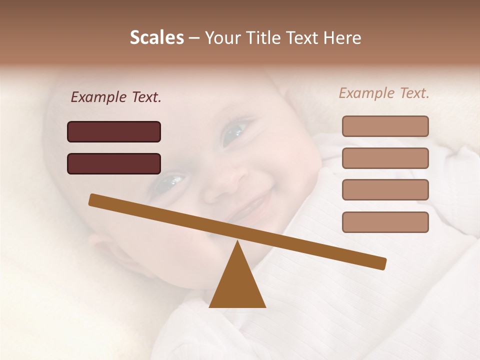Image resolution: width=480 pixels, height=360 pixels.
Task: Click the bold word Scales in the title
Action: click(x=156, y=37)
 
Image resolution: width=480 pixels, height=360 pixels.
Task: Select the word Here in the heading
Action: click(x=342, y=38)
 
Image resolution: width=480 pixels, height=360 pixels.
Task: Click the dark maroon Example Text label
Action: click(x=116, y=97)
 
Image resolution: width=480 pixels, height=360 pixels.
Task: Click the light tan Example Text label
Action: click(x=384, y=93)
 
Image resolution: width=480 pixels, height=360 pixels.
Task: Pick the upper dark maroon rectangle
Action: click(x=114, y=131)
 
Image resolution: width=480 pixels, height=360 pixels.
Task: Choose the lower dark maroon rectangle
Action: click(x=114, y=163)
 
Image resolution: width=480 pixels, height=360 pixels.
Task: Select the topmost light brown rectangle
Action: click(x=385, y=126)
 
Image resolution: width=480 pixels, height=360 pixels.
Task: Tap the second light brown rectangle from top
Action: click(x=385, y=158)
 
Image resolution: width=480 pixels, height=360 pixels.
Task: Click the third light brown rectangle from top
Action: click(x=385, y=189)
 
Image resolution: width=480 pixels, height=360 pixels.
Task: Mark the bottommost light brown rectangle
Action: click(x=385, y=222)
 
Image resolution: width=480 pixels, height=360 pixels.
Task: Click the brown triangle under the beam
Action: click(x=237, y=285)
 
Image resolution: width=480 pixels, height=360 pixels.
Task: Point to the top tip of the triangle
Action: click(x=237, y=242)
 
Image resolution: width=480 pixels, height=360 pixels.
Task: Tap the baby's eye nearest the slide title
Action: click(x=234, y=132)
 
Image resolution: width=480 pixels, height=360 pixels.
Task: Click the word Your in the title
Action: click(x=223, y=38)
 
